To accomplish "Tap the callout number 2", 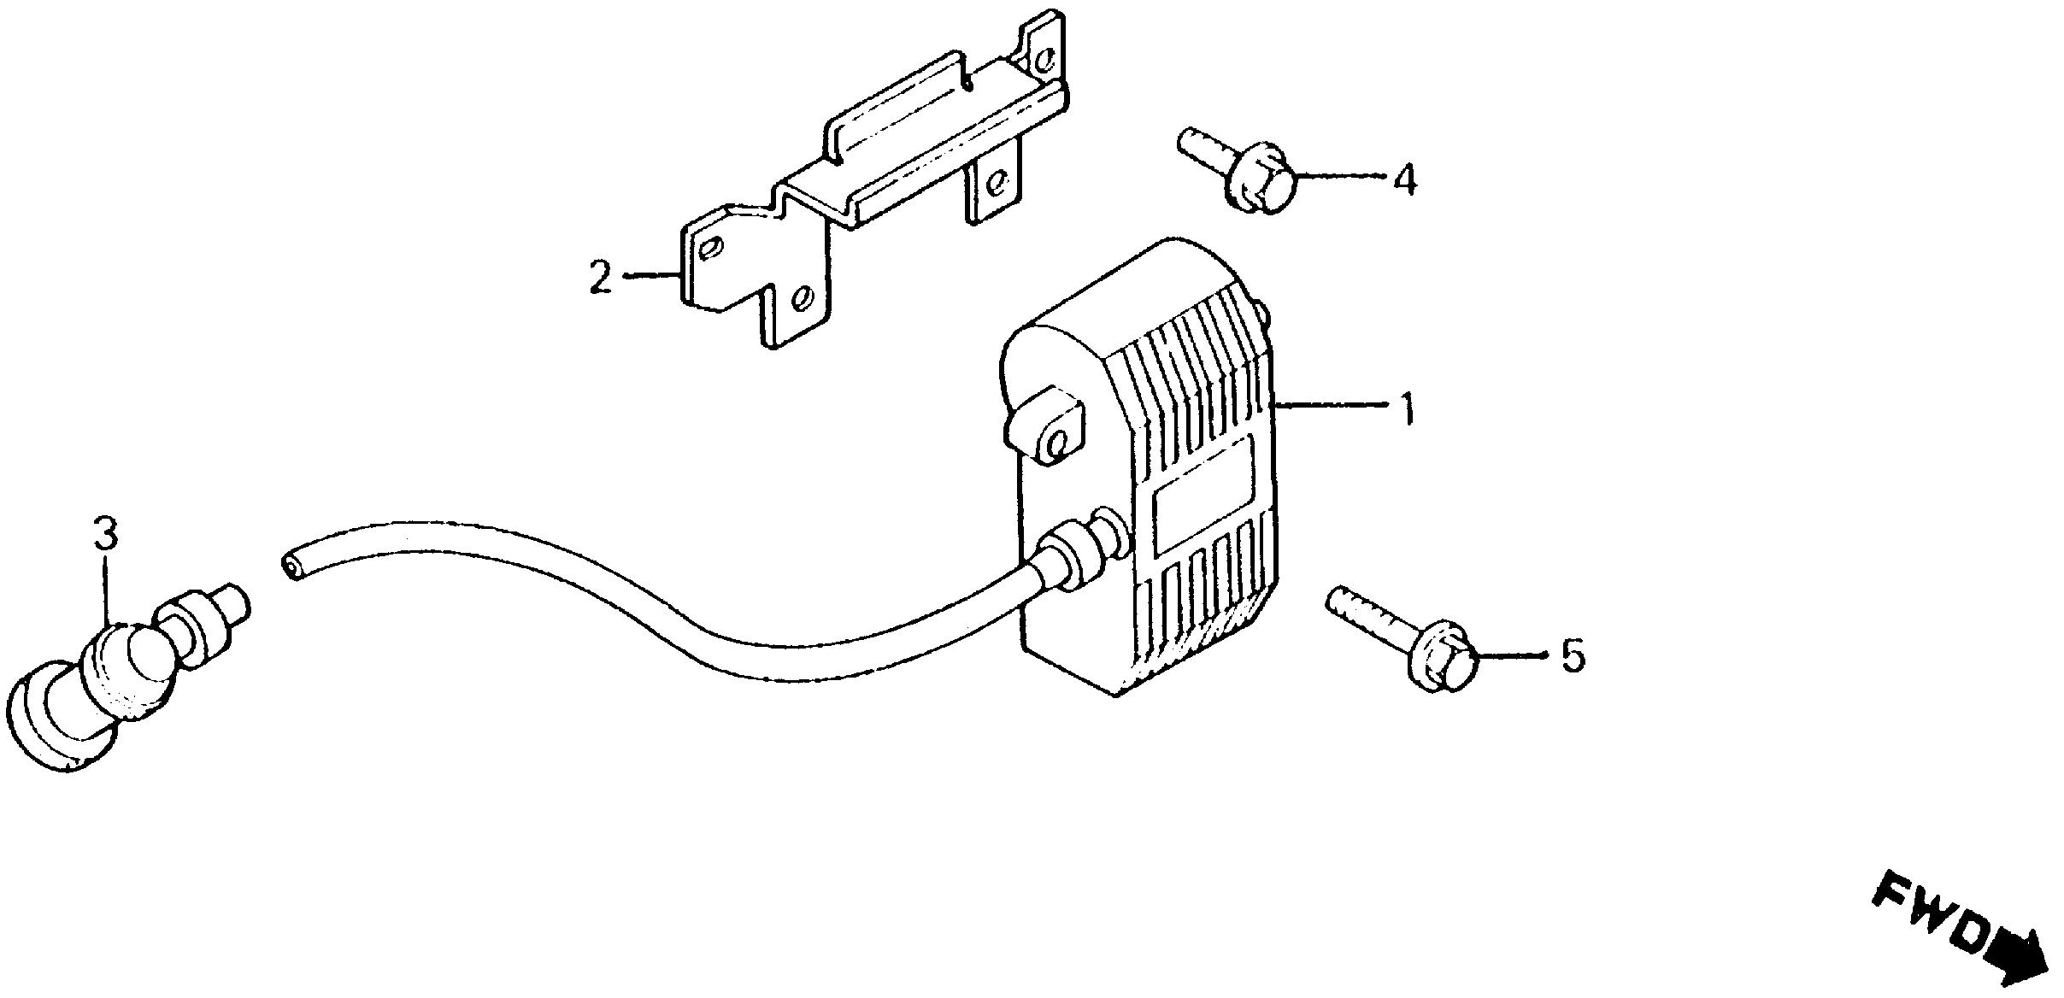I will (x=601, y=279).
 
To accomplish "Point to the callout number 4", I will (x=1405, y=180).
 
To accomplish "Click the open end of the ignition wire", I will (x=291, y=566).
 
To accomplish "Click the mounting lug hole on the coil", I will (x=1056, y=443).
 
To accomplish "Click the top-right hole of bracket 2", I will (x=1044, y=59).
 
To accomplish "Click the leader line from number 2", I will (x=655, y=275).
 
